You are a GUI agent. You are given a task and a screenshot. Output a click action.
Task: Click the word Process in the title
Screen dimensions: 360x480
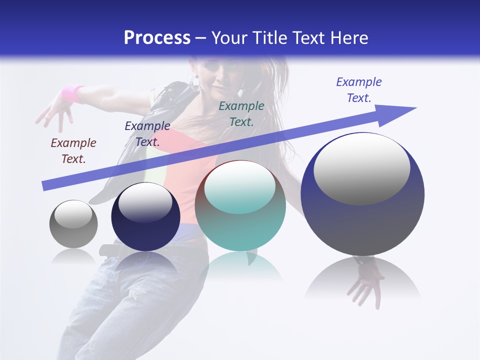coord(157,37)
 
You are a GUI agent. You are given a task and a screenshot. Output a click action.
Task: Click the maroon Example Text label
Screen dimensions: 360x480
coord(73,151)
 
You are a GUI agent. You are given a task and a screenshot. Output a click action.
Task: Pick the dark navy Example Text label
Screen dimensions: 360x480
coord(147,134)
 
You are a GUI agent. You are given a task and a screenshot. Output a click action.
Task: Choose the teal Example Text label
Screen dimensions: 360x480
coord(241,113)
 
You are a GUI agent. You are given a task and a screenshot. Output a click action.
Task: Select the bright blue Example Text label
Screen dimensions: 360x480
coord(359,90)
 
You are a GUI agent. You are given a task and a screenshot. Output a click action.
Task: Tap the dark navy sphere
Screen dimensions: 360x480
coord(145,217)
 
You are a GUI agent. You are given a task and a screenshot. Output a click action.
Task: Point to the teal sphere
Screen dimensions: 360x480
coord(240,206)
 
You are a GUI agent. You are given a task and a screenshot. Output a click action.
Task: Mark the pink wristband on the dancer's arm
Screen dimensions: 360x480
coord(72,93)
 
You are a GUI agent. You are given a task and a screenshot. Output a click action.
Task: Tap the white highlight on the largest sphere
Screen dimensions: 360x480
coord(361,168)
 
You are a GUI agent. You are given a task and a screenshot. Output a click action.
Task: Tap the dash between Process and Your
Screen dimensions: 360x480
coord(201,38)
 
